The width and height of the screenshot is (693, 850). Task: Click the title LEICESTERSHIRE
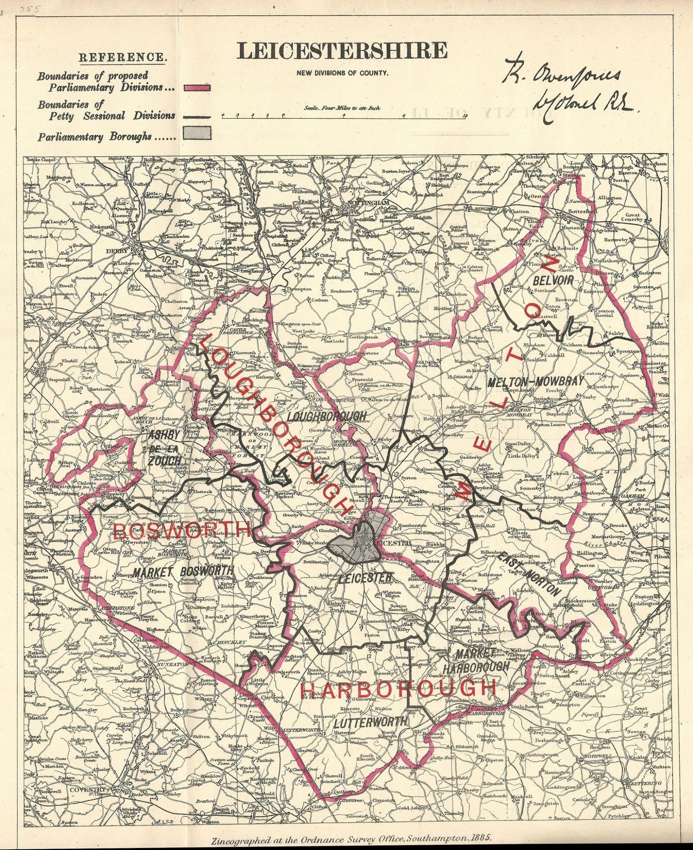tap(342, 51)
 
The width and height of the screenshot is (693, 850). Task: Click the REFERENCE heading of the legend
tap(122, 58)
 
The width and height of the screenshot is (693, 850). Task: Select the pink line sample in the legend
tap(200, 87)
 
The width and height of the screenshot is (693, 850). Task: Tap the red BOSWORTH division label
tap(182, 531)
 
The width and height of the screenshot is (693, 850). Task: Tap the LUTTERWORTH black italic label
tap(370, 722)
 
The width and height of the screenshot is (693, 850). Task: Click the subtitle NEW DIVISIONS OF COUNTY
tap(342, 73)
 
